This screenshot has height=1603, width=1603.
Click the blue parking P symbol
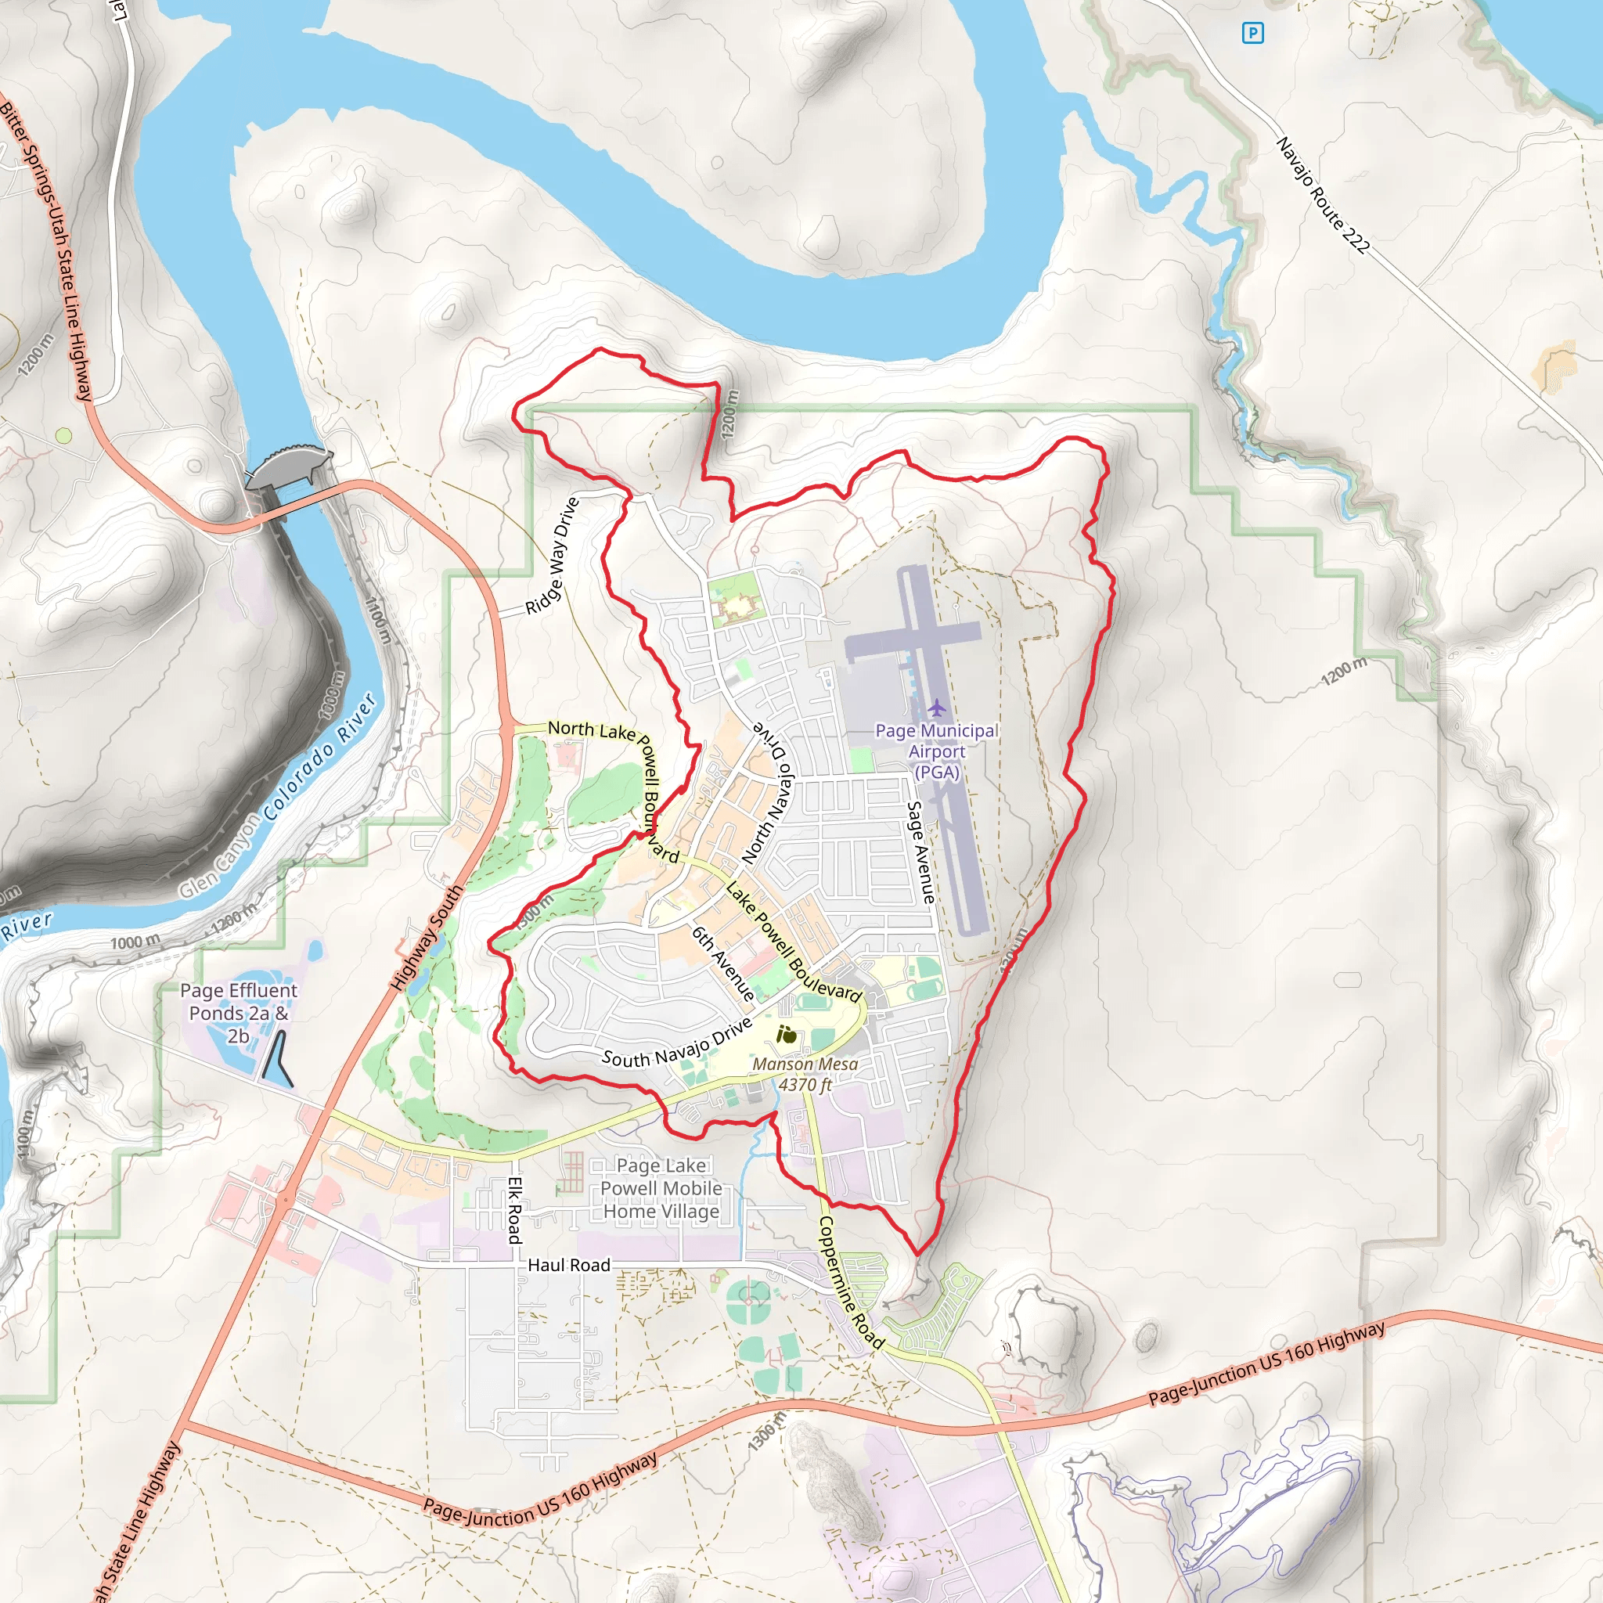pyautogui.click(x=1252, y=33)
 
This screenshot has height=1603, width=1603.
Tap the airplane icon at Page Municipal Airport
pyautogui.click(x=937, y=708)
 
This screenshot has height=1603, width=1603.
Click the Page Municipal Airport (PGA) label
pyautogui.click(x=937, y=751)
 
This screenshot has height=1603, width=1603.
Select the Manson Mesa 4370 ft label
pyautogui.click(x=805, y=1074)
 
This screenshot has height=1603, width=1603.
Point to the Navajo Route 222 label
pyautogui.click(x=1322, y=195)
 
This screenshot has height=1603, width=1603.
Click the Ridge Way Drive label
pyautogui.click(x=552, y=556)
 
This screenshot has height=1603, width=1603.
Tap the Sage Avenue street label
pyautogui.click(x=920, y=852)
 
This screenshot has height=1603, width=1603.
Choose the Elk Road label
pyautogui.click(x=514, y=1210)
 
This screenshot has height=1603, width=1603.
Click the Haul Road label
pyautogui.click(x=568, y=1265)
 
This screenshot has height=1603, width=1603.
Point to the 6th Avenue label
pyautogui.click(x=722, y=964)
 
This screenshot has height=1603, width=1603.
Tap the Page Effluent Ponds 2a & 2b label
pyautogui.click(x=238, y=1013)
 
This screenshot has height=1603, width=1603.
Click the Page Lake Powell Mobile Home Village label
pyautogui.click(x=661, y=1188)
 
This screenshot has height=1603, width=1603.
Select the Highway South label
pyautogui.click(x=427, y=938)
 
